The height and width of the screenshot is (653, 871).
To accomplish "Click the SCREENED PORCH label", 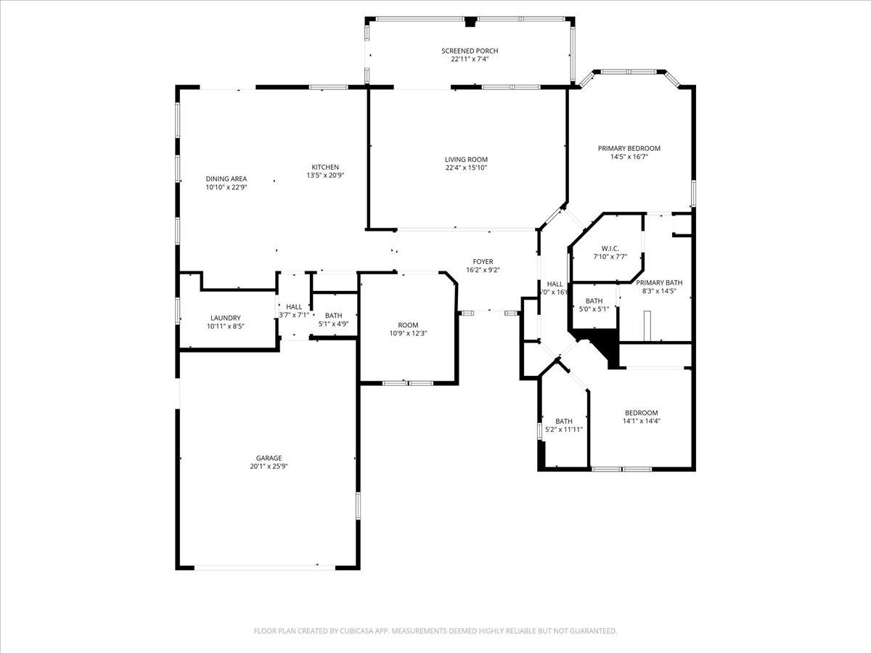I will pos(470,51).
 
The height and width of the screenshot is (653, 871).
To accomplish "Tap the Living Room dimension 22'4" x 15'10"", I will pos(466,168).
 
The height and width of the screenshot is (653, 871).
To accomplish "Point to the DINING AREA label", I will pos(226,178).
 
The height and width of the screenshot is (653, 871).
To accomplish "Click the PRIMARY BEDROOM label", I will pos(629,148).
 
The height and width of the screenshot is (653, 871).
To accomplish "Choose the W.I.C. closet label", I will pos(600,247).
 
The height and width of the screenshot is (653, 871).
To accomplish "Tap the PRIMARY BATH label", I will pos(659,283).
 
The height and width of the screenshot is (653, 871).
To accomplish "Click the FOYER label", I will pos(483,261).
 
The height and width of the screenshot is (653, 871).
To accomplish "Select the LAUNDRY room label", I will pos(225,318).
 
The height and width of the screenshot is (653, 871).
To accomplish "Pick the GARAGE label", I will pos(269,458).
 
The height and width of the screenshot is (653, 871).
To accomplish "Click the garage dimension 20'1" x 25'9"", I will pos(269,467).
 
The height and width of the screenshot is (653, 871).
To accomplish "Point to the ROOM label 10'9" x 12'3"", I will pos(408,324).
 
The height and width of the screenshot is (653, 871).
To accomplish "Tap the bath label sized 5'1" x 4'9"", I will pos(333,316).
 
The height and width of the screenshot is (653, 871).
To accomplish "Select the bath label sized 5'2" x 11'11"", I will pos(564,421).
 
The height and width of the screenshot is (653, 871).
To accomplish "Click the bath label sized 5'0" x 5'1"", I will pos(594,301).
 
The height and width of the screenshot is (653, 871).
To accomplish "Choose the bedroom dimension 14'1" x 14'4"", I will pos(641,421).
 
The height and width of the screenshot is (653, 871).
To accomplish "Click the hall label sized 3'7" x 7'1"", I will pos(294,307).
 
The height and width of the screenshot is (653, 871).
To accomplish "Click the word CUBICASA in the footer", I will pos(361,631).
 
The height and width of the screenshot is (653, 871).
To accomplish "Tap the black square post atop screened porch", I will pos(470,22).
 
